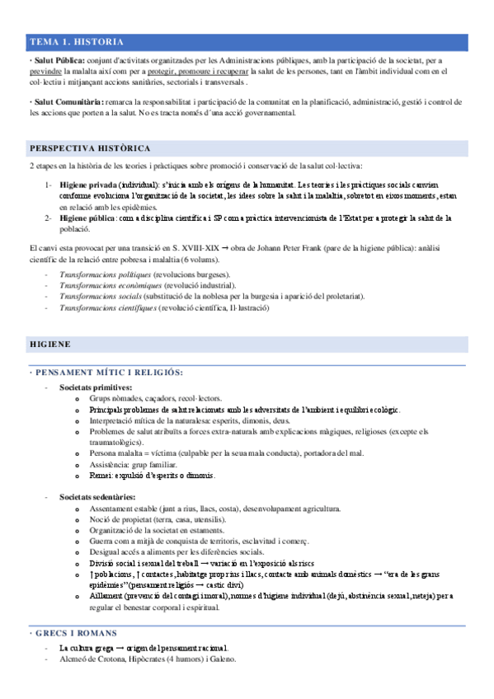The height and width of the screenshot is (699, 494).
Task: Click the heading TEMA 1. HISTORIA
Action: pyautogui.click(x=77, y=41)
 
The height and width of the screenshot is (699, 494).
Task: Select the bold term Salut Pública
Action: pyautogui.click(x=58, y=60)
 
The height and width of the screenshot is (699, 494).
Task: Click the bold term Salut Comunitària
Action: pyautogui.click(x=64, y=101)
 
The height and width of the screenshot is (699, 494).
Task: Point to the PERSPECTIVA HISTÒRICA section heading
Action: pyautogui.click(x=90, y=148)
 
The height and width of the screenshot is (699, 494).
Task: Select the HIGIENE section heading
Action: pyautogui.click(x=50, y=342)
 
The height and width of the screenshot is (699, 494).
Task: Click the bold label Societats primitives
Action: pyautogui.click(x=96, y=387)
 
